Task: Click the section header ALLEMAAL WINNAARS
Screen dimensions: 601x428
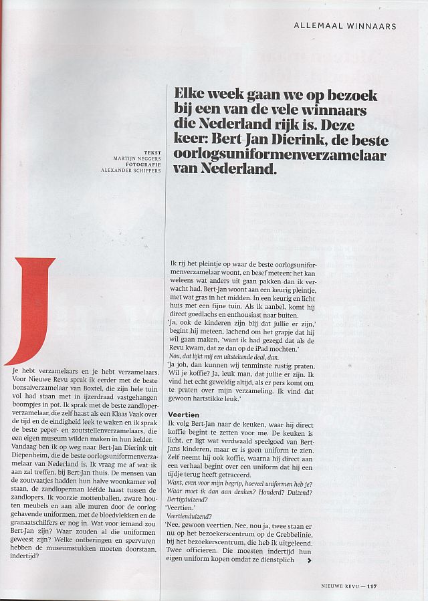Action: [x=345, y=26]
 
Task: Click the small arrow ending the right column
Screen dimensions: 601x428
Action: [x=308, y=560]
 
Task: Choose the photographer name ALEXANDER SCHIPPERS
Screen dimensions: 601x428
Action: [x=131, y=171]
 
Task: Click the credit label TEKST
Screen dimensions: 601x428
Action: [x=153, y=152]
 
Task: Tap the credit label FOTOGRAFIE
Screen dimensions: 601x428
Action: [x=145, y=164]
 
